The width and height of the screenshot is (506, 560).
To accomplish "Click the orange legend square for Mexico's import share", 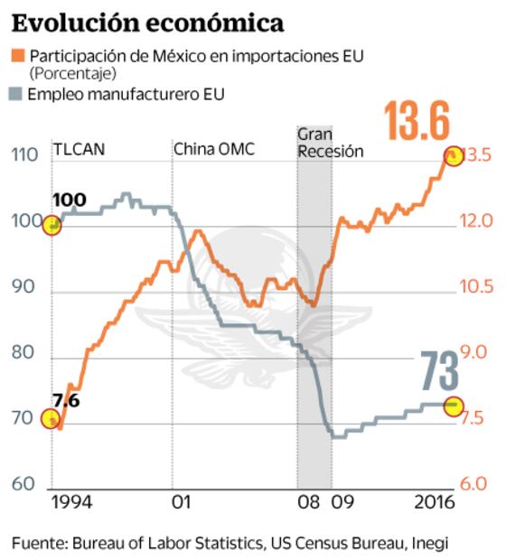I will (x=18, y=57).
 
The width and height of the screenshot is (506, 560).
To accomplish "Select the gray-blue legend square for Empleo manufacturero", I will (x=18, y=94).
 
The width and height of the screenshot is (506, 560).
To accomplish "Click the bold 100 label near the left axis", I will (x=70, y=201).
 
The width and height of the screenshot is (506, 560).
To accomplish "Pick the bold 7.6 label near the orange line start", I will (x=66, y=401).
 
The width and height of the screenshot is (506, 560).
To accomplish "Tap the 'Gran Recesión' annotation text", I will (x=330, y=143).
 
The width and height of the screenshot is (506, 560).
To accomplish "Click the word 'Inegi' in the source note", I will (x=430, y=543).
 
